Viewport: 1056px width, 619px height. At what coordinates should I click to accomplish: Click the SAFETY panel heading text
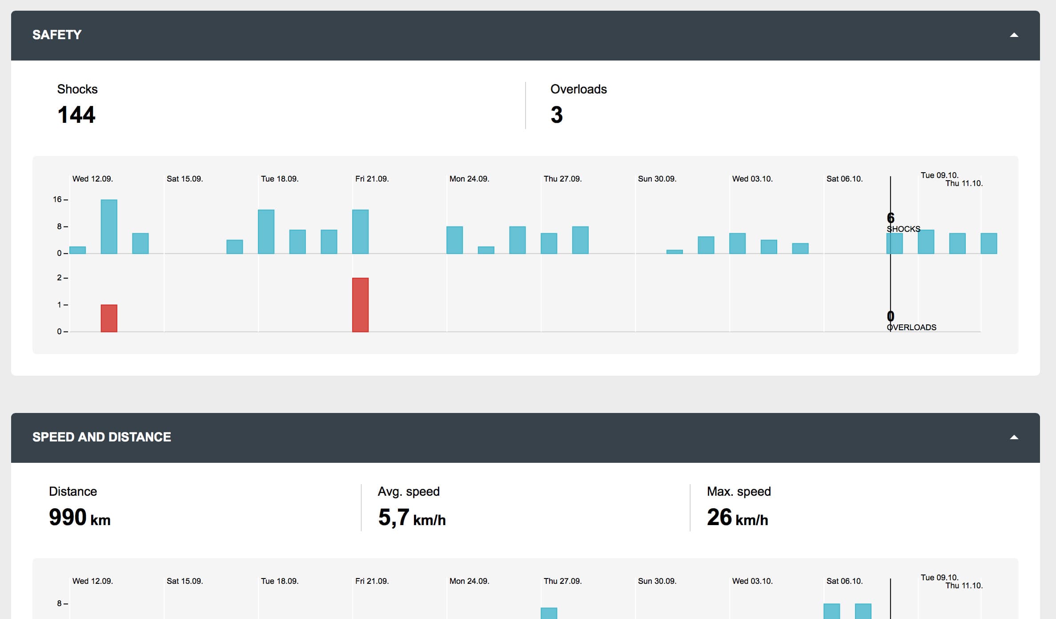click(57, 35)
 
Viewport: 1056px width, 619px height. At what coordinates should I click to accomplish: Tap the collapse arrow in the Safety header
click(1014, 35)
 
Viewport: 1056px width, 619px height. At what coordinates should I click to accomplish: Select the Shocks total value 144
click(76, 115)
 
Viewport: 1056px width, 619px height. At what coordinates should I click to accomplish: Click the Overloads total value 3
click(556, 115)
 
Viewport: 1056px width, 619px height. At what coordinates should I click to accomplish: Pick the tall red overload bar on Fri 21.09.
click(360, 305)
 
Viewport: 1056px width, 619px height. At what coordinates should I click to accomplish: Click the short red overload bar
click(109, 318)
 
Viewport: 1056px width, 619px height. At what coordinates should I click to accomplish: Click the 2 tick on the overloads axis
click(60, 278)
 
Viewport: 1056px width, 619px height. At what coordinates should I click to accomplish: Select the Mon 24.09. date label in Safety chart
click(469, 179)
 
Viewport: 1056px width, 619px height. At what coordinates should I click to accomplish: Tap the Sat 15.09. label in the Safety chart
click(185, 179)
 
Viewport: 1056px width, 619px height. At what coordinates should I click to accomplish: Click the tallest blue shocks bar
click(109, 227)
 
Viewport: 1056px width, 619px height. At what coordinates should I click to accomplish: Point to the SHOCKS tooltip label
click(903, 229)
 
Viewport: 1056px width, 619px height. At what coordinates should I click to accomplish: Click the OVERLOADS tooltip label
click(911, 328)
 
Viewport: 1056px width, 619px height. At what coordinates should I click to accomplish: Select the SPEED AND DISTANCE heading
click(101, 437)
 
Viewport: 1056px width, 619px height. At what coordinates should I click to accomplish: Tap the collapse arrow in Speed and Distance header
click(1014, 437)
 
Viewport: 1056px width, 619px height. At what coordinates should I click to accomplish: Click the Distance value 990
click(68, 517)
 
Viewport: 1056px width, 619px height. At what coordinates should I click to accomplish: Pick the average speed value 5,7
click(393, 517)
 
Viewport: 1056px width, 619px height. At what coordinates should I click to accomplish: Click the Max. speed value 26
click(719, 517)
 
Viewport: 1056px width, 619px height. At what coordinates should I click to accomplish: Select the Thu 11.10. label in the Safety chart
click(964, 183)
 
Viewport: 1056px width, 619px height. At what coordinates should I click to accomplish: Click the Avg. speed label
click(409, 491)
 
